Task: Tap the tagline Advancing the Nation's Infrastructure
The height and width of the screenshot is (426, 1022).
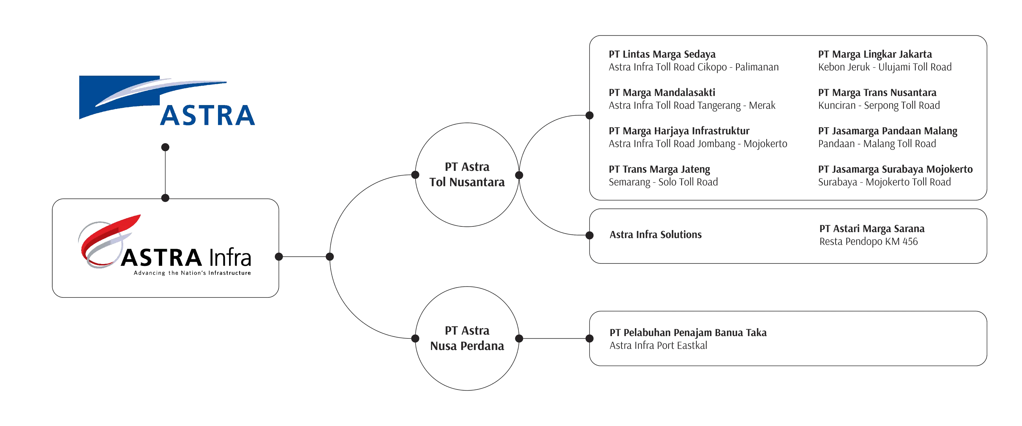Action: click(x=192, y=273)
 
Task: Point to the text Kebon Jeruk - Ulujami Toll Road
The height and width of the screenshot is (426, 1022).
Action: click(x=885, y=67)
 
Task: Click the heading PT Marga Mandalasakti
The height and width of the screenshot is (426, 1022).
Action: click(x=662, y=93)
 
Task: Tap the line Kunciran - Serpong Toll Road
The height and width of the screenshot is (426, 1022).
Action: click(x=879, y=106)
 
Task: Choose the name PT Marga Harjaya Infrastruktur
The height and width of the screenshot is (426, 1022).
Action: click(x=679, y=131)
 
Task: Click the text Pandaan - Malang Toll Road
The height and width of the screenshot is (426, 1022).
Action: click(x=877, y=144)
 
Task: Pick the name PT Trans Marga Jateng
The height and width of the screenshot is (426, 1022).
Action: click(x=660, y=169)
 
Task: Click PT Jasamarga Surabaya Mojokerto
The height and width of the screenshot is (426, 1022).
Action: click(x=895, y=169)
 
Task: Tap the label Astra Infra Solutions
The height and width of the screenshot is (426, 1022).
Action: click(x=655, y=235)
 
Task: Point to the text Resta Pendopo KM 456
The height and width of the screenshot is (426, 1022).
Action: click(x=868, y=241)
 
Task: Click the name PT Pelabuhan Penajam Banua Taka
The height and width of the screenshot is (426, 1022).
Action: click(x=688, y=333)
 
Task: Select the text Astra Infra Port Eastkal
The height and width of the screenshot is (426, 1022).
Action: click(x=658, y=345)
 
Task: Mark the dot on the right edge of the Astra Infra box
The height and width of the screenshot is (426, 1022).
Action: click(x=279, y=257)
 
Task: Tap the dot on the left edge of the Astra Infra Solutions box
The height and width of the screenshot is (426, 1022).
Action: click(x=590, y=235)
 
